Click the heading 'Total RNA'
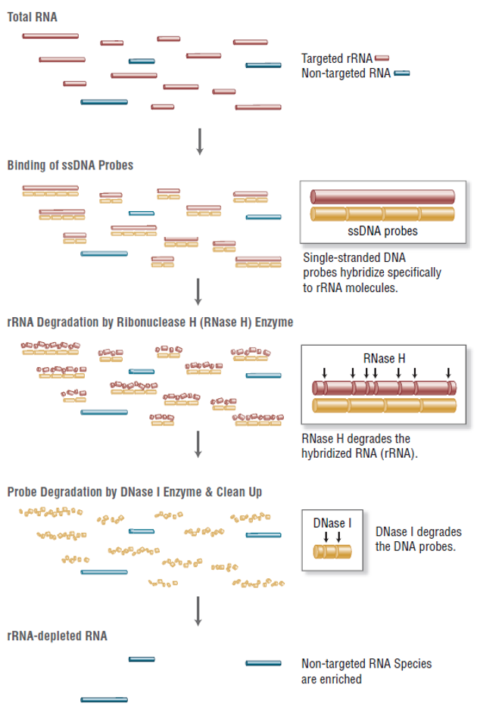point(33,17)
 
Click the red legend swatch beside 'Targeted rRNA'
point(382,58)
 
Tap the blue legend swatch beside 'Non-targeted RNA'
point(402,73)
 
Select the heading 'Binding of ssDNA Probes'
point(70,165)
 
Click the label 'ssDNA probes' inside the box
point(382,231)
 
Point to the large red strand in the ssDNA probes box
point(382,197)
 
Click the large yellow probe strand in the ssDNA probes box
point(382,214)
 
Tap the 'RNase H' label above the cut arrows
point(384,358)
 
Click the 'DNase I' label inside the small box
point(332,523)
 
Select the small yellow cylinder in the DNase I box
point(332,551)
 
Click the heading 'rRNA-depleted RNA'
point(57,636)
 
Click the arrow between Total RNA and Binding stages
point(200,142)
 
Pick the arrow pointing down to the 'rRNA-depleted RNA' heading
point(198,611)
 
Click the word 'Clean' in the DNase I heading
point(232,492)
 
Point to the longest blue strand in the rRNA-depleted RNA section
point(104,700)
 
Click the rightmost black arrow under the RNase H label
point(448,372)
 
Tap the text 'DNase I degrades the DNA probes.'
point(419,539)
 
